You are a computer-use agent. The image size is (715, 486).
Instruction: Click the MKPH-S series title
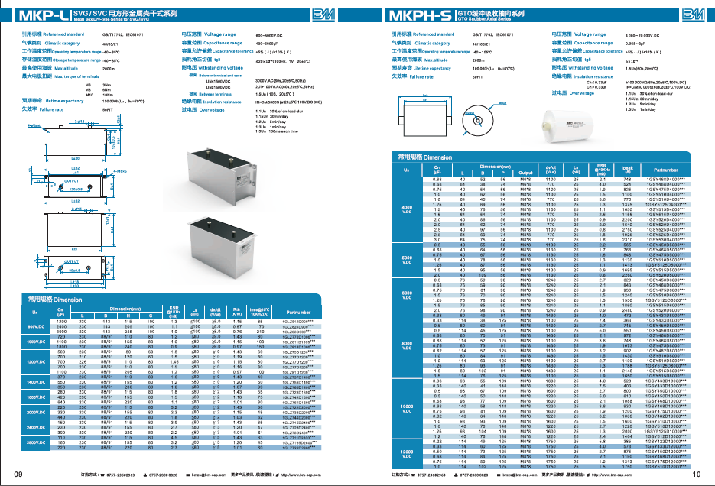click(424, 15)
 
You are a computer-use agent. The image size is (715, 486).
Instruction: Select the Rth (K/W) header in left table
click(236, 313)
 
